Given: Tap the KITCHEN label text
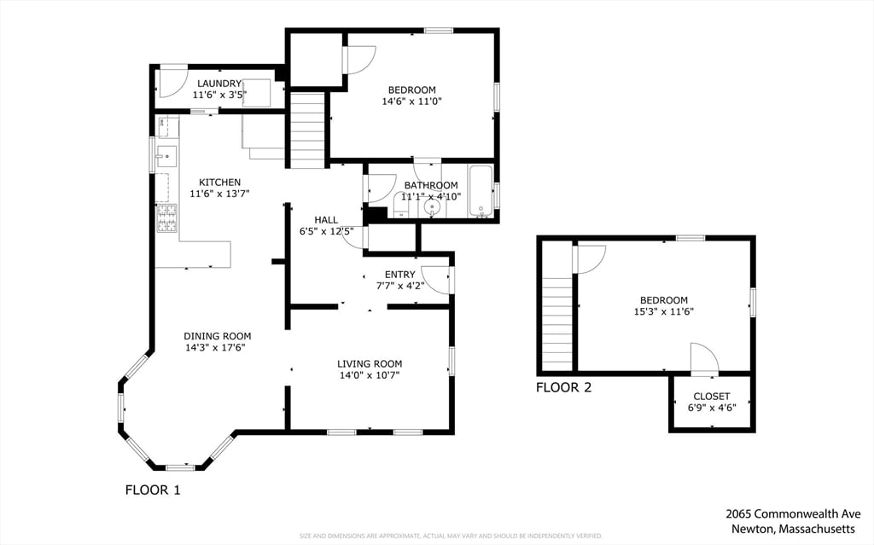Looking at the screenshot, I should tap(219, 183).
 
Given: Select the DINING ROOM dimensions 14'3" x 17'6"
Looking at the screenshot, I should tap(218, 348).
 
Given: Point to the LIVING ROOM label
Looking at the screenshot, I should tap(369, 364).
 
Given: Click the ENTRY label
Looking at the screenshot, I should tap(399, 275).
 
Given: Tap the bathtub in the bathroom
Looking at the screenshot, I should tap(481, 193).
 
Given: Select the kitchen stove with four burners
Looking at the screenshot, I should tap(166, 218).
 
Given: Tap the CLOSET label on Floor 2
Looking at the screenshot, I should tap(711, 397).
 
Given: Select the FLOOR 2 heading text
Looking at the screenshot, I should tap(563, 388).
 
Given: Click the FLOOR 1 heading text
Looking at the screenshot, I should tap(153, 490).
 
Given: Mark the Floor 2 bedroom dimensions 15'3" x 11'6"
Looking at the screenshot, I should tap(664, 312).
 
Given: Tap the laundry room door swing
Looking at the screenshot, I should tap(174, 78).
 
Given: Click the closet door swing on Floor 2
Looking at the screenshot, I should tap(703, 358).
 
